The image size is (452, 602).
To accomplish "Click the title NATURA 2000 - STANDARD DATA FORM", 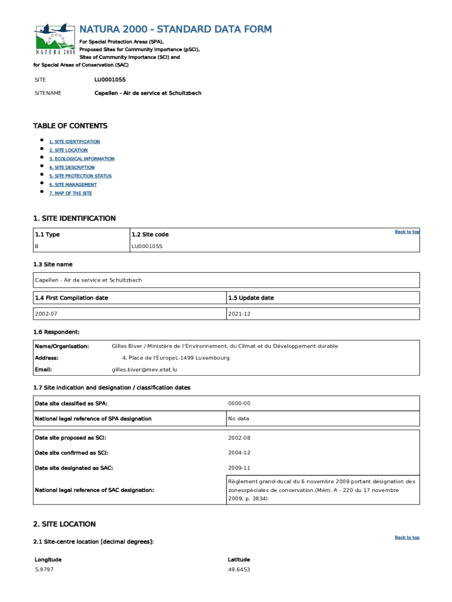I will [x=176, y=29].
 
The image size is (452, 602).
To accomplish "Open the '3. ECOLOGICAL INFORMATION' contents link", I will [x=82, y=159].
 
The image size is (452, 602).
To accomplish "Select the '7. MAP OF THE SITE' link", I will [x=70, y=193].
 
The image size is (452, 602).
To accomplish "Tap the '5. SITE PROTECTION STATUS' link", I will [x=80, y=176].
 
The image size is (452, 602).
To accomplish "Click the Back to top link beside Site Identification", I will [x=407, y=232].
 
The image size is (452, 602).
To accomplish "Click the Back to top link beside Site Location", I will [x=407, y=537].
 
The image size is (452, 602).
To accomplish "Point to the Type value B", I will [x=37, y=246].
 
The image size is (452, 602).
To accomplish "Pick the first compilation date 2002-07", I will [x=46, y=314].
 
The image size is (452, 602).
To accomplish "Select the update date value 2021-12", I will [x=239, y=314].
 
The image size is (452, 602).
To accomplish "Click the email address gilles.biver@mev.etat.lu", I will [x=144, y=370].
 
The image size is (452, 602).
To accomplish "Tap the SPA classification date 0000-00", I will [x=239, y=403].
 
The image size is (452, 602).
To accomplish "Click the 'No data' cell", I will [x=238, y=419].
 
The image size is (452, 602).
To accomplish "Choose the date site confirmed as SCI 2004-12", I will [x=239, y=453].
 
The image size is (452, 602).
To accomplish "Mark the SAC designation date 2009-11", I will [x=239, y=468].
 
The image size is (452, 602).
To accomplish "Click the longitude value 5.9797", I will [x=44, y=570].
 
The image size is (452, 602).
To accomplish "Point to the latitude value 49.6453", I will [x=239, y=570].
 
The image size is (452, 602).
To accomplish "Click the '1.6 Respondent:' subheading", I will [x=56, y=332].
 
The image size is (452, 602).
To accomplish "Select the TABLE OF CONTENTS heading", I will [x=70, y=126].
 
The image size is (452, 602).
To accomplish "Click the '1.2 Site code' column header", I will [x=150, y=235].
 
